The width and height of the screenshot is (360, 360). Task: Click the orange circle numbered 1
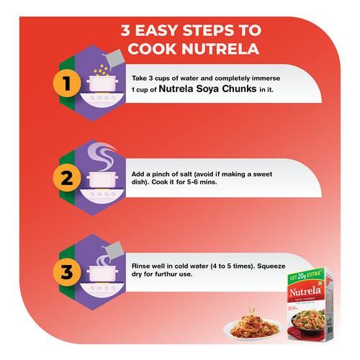(x=67, y=83)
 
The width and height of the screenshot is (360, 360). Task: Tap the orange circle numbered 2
(x=67, y=178)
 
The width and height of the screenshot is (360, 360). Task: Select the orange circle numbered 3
(x=67, y=272)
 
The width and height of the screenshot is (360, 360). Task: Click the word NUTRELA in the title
(x=220, y=49)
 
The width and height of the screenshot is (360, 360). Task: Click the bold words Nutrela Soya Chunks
(x=207, y=89)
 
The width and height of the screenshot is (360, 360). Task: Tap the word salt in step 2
(x=185, y=174)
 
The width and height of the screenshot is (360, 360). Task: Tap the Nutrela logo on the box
(x=305, y=292)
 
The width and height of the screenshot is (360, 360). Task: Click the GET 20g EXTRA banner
(x=305, y=276)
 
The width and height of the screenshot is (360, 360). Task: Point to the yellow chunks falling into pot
(x=101, y=70)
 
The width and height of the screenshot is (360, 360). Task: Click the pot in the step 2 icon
(x=102, y=179)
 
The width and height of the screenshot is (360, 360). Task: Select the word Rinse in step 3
(x=140, y=266)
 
